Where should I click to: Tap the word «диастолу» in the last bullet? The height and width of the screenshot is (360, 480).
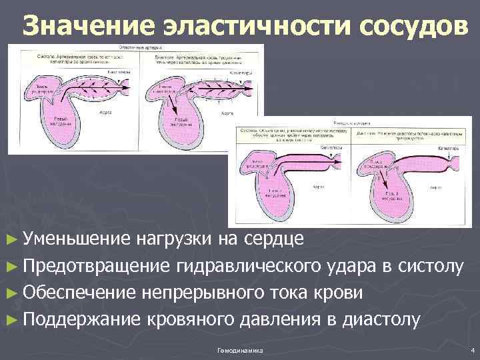[381, 320]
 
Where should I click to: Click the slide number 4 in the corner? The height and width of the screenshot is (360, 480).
[471, 350]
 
